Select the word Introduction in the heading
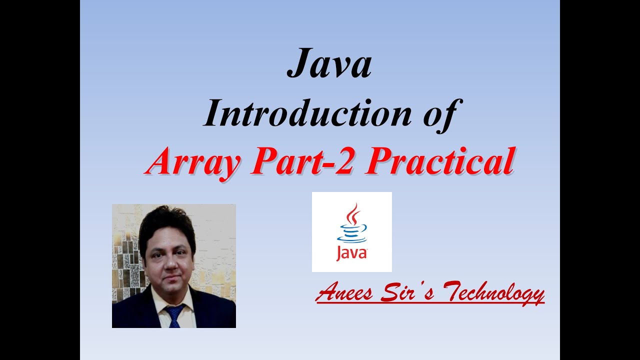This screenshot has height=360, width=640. coord(305,114)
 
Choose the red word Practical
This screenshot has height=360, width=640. coord(439,162)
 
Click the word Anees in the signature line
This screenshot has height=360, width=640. coord(344,292)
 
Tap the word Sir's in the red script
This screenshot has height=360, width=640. coord(405,292)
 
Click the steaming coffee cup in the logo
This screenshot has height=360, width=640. coord(352,231)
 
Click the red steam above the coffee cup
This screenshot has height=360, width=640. coord(354,214)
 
